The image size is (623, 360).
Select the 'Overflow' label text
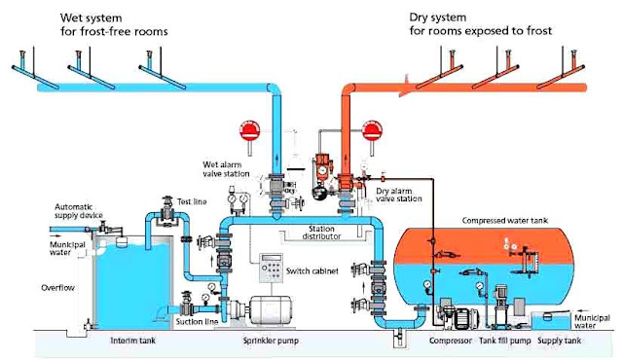61,288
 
